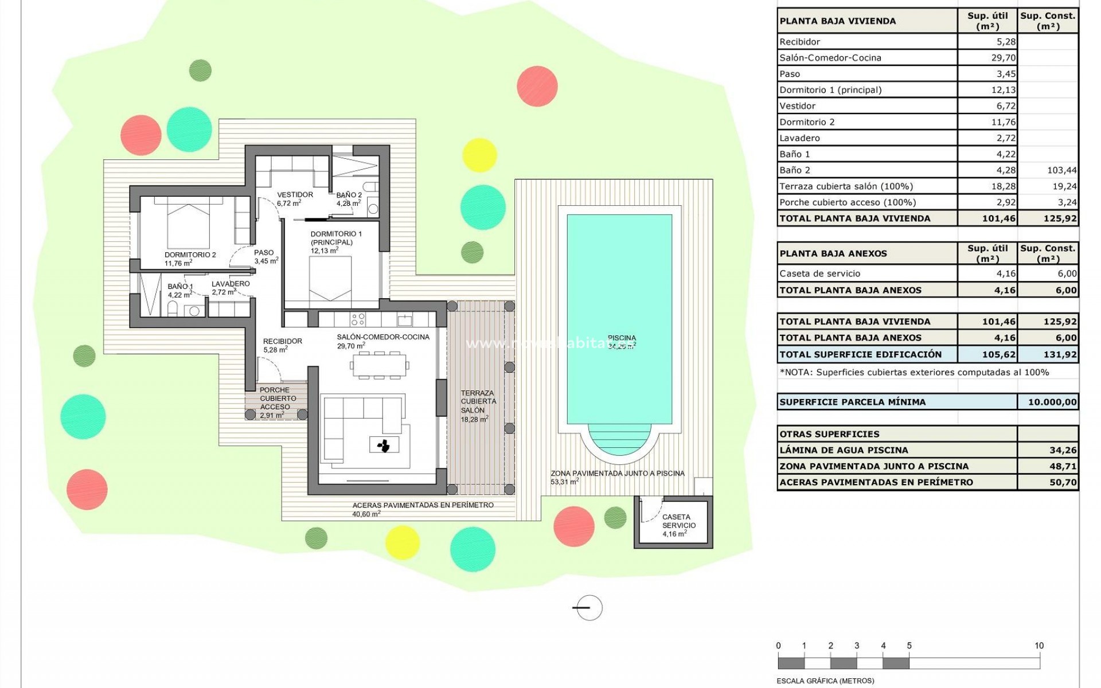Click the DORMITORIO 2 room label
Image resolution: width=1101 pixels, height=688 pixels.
click(x=190, y=255)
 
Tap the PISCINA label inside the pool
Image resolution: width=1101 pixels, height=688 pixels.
click(x=622, y=338)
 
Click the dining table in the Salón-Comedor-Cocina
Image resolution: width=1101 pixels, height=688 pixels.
click(x=380, y=365)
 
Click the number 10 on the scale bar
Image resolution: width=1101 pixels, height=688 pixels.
click(x=1038, y=646)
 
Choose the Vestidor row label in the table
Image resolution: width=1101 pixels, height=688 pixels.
click(x=797, y=106)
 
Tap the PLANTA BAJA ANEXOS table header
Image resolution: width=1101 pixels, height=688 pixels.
click(x=833, y=253)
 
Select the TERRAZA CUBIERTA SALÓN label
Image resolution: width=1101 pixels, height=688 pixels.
click(x=477, y=402)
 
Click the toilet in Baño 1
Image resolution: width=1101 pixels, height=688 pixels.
click(x=172, y=310)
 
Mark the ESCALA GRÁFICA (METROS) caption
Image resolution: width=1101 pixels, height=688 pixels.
click(x=825, y=681)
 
